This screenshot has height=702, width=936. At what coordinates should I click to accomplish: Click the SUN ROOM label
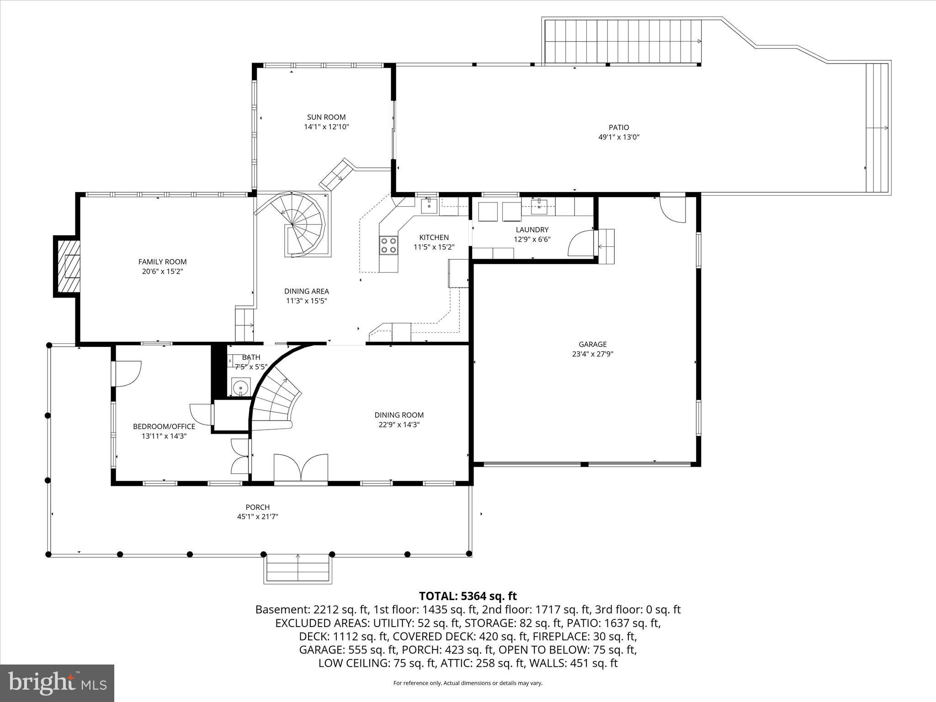pos(326,117)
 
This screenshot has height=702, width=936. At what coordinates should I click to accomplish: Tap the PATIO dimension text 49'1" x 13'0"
pos(618,137)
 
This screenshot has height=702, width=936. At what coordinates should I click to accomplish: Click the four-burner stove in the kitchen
pos(388,245)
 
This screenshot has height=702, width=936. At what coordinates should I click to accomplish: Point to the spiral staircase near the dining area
pos(299,225)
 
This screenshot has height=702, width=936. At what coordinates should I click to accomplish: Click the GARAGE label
pos(592,344)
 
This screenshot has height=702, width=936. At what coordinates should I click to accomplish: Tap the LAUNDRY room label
pos(532,229)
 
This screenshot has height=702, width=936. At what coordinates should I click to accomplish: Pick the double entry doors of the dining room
pos(300,467)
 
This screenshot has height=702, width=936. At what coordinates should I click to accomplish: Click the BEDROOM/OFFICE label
pos(164,426)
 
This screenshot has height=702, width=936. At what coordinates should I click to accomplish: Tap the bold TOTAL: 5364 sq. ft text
pos(468,596)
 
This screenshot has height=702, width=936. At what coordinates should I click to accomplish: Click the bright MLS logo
pos(57,683)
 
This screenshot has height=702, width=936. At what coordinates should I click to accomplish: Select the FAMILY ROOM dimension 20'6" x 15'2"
pos(162,271)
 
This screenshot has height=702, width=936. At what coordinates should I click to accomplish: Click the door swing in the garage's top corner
pos(672,209)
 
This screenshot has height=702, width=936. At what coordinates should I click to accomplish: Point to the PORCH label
pos(257,507)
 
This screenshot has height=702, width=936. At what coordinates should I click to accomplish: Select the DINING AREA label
pos(306,291)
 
